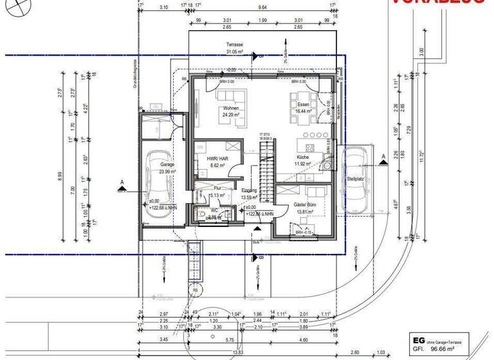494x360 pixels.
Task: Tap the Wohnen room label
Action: point(231,109)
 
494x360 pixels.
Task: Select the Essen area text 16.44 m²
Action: point(303,111)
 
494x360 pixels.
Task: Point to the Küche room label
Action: point(303,157)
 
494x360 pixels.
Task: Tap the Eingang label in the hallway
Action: point(249,191)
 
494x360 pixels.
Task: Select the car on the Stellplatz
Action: point(355,180)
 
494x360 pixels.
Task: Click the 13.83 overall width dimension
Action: point(238,352)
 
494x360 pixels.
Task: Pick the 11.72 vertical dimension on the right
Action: point(422,156)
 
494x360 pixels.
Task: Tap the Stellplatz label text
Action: point(356,179)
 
